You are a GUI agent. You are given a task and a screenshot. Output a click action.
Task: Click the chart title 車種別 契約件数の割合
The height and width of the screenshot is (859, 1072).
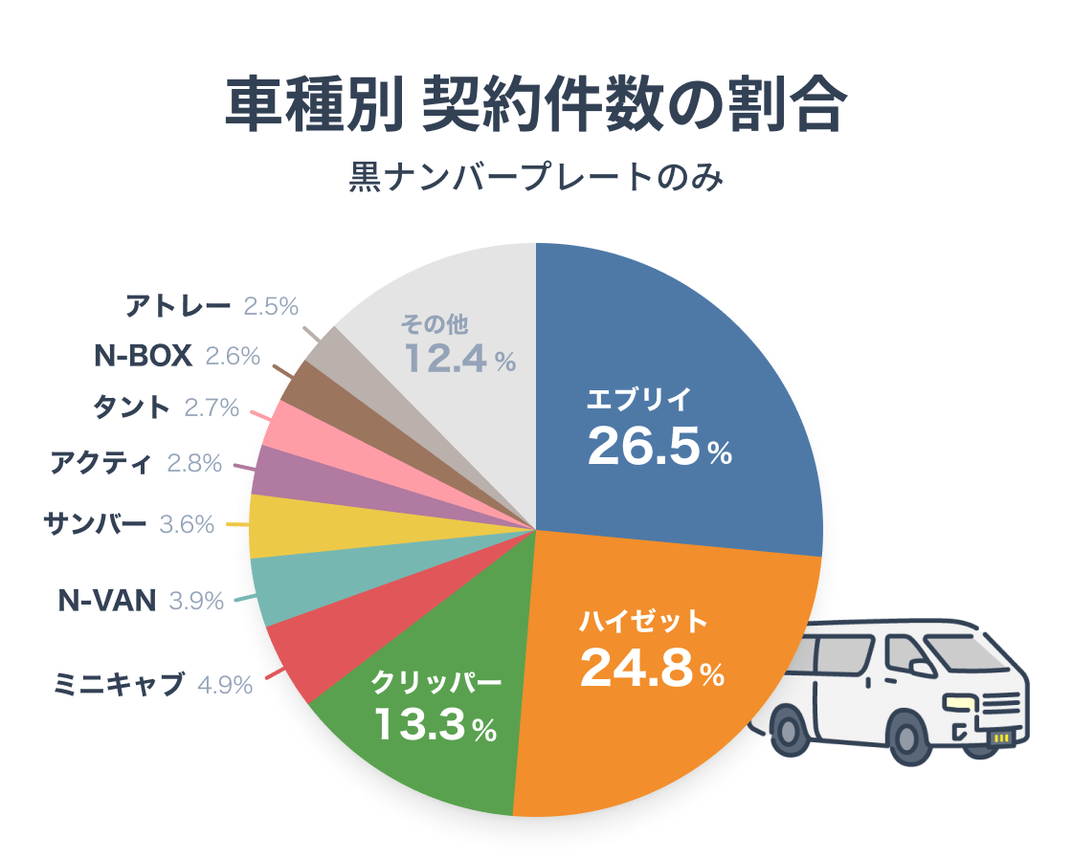(x=536, y=105)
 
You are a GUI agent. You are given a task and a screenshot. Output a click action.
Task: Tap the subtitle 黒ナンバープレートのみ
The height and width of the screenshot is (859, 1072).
(x=536, y=178)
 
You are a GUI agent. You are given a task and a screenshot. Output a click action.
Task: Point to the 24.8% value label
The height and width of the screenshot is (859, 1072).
(x=652, y=669)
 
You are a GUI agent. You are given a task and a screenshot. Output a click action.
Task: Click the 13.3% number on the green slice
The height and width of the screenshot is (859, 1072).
(x=435, y=724)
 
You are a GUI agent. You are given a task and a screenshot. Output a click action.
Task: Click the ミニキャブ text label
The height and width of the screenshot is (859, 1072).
(x=120, y=684)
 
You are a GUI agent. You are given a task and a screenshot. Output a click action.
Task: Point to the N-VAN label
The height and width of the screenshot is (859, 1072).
(x=106, y=601)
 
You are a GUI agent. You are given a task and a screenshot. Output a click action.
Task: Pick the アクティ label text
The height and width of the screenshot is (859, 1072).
(x=100, y=464)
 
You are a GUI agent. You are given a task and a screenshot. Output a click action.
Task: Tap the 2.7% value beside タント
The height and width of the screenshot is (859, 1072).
(x=211, y=407)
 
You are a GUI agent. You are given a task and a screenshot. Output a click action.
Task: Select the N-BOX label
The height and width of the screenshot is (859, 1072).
(x=144, y=356)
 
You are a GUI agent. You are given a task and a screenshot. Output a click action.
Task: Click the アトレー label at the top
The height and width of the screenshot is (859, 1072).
(x=178, y=307)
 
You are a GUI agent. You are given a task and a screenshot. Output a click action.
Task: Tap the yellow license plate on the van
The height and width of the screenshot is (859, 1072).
(x=1001, y=738)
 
